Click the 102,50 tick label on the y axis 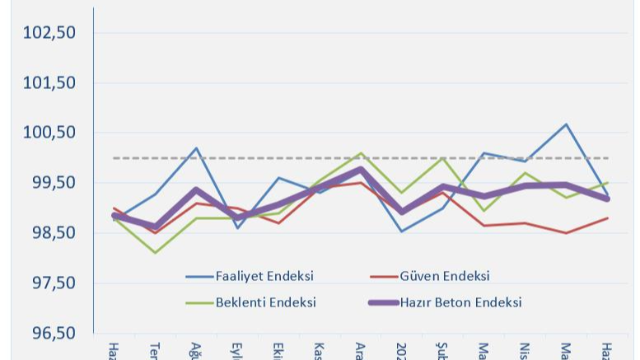tap(49, 33)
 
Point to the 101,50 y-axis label tap(49, 83)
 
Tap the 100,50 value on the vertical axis tap(49, 133)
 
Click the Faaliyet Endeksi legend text tap(264, 276)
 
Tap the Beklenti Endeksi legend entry tap(265, 302)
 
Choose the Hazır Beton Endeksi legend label tap(460, 302)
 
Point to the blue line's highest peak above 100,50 tap(566, 124)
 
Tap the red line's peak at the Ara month tap(360, 182)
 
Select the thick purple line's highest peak tap(361, 170)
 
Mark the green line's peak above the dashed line tap(361, 153)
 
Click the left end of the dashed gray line tap(114, 157)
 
